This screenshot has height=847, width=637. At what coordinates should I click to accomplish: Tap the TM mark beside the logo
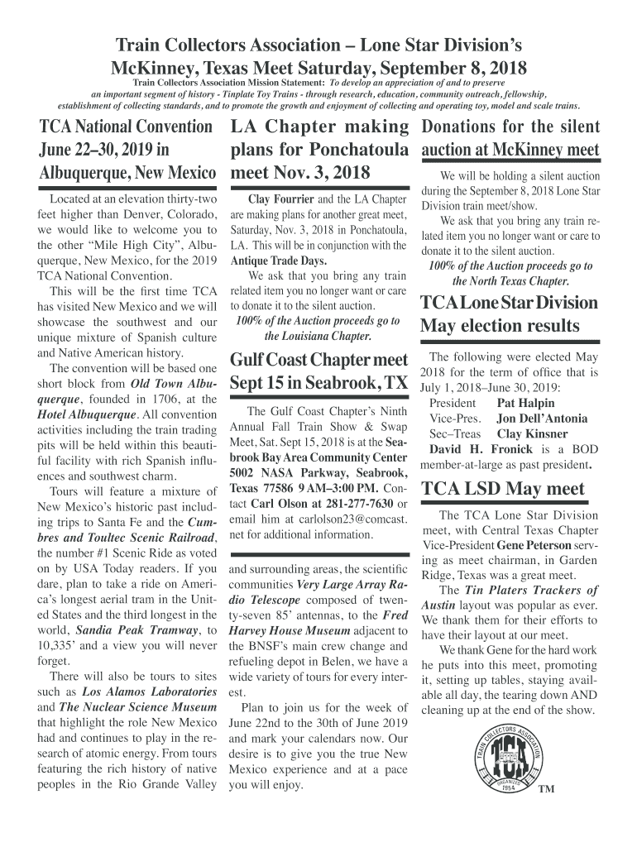point(546,789)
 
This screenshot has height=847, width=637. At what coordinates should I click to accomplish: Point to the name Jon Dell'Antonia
point(542,419)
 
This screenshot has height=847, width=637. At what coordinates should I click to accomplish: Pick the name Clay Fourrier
point(281,199)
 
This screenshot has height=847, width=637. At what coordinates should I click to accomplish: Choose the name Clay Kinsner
point(532,433)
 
